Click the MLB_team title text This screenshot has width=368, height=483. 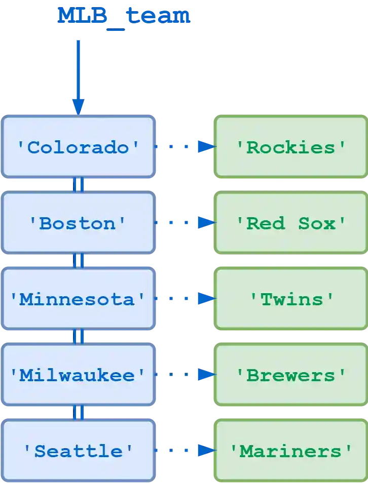coord(123,16)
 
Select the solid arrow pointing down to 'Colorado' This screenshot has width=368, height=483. coord(78,76)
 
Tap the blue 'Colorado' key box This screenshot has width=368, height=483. coord(78,147)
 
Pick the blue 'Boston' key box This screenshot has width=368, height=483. coord(78,223)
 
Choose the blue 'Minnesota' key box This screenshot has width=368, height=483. coord(78,299)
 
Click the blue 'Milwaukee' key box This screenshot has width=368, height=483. coord(78,375)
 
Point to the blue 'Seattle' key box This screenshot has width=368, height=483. coord(78,451)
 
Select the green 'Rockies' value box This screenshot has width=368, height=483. coord(291,147)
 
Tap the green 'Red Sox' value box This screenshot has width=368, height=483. coord(291,223)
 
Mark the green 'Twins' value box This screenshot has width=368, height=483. coord(291,299)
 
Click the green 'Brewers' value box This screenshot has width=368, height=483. coord(291,375)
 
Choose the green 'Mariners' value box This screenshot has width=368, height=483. coord(291,451)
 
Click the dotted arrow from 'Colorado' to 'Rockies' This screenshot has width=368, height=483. coord(185,147)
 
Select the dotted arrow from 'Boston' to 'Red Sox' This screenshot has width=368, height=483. coord(185,222)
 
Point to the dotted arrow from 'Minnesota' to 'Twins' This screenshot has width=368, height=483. coord(185,299)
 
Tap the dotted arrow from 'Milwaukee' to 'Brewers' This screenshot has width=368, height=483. coord(185,375)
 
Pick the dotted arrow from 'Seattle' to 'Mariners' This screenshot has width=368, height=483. coord(185,450)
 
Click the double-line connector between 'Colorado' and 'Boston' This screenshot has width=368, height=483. coord(78,185)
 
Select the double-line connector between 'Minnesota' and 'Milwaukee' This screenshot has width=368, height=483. coord(78,337)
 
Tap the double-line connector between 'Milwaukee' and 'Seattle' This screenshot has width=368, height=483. coord(78,413)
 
